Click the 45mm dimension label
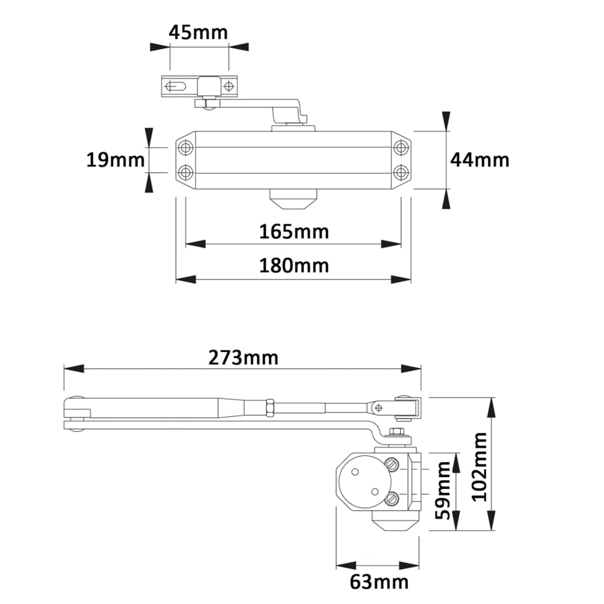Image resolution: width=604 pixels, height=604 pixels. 198,33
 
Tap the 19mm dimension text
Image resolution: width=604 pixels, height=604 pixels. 115,160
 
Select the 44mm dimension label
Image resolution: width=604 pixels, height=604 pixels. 480,160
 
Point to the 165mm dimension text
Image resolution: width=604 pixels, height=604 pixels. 294,232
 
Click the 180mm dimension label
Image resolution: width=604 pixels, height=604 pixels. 294,266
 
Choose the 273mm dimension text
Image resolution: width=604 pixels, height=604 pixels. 243,358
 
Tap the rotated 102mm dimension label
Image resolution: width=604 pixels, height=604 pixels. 480,466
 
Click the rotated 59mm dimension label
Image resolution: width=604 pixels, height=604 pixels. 443,490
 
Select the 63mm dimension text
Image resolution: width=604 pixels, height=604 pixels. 379,582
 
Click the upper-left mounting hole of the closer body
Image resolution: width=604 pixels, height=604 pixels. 185,147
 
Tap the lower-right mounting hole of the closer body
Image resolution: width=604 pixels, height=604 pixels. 401,172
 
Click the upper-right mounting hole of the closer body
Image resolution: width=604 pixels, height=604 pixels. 401,147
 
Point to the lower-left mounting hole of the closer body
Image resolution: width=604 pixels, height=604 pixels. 185,172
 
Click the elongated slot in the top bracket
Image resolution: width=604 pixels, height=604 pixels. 176,86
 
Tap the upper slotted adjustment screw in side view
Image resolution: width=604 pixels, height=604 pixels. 391,464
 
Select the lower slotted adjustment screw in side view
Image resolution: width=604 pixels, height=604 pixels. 391,500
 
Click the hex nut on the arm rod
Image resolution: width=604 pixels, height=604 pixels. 270,408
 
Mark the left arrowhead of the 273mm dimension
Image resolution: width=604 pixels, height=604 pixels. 74,368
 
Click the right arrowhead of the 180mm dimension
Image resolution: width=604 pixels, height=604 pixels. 401,279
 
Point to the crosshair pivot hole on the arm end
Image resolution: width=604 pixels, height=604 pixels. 378,408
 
